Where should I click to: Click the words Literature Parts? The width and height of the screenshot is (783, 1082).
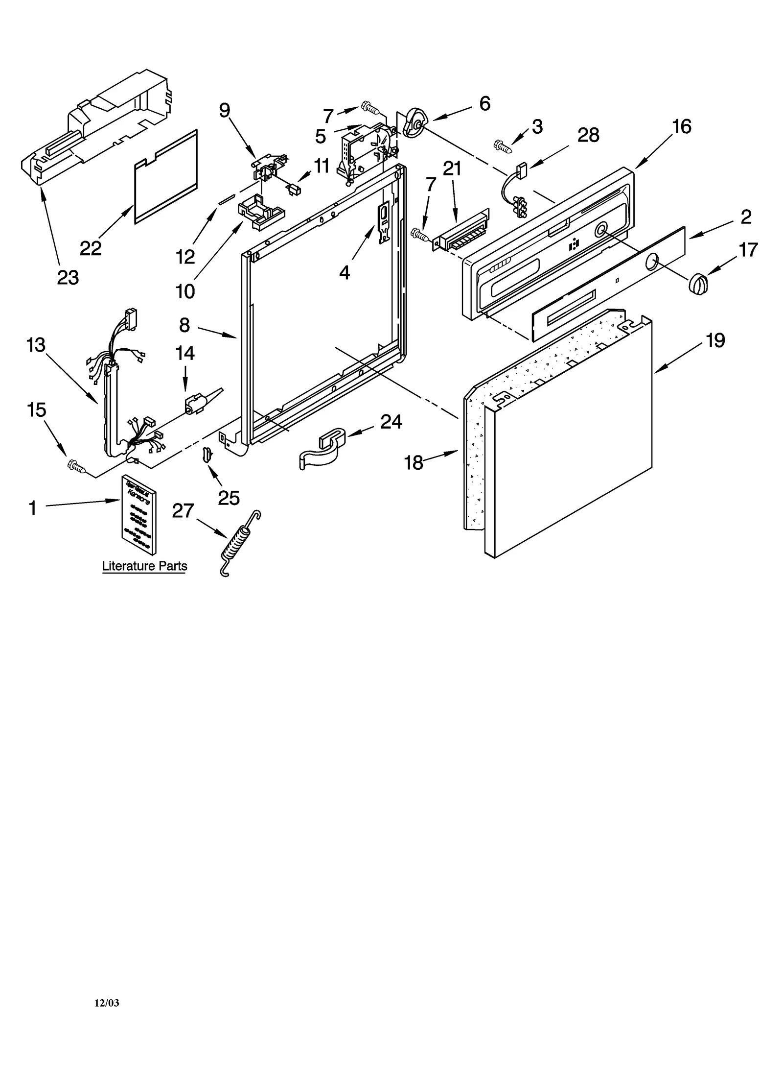click(144, 566)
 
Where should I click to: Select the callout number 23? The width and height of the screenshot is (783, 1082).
click(68, 278)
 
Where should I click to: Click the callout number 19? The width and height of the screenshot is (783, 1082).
click(715, 340)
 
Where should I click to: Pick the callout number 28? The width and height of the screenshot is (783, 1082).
click(588, 135)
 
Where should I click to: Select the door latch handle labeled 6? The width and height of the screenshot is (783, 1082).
click(414, 122)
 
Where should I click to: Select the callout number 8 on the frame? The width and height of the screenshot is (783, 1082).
click(184, 325)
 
